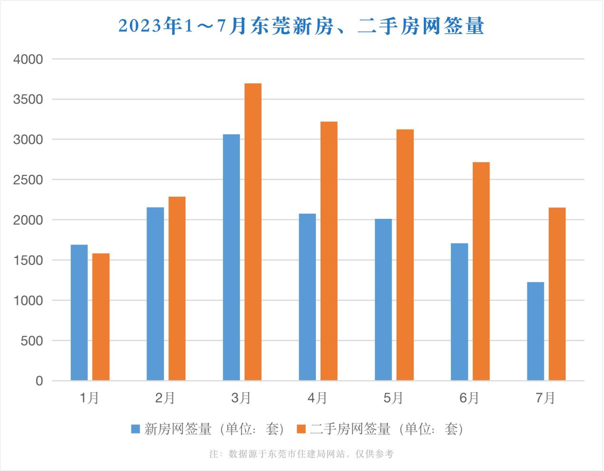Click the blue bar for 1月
point(79,313)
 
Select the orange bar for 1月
point(101,317)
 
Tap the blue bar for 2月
point(155,294)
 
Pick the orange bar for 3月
point(253,232)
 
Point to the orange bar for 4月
point(329,251)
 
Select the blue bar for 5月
point(384,299)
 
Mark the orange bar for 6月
point(481,271)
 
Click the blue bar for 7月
point(536,331)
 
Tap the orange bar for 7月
point(557,294)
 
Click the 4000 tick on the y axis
point(28,60)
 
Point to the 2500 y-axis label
point(28,180)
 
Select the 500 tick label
point(32,341)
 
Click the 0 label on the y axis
point(39,381)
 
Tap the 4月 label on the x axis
point(317,398)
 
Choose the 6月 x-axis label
point(469,398)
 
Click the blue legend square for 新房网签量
point(136,429)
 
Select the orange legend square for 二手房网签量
point(301,429)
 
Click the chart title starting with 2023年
point(302,26)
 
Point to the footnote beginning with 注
point(302,454)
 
